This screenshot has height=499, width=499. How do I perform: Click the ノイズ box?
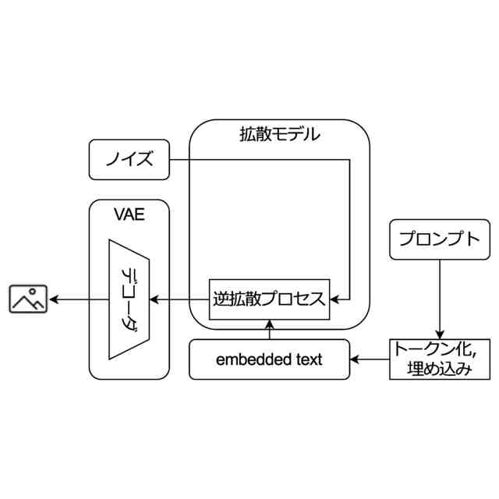click(129, 161)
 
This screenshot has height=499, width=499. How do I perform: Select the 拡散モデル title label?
click(279, 134)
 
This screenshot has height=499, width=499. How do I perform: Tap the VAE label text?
click(129, 215)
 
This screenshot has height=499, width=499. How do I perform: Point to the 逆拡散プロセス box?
click(270, 299)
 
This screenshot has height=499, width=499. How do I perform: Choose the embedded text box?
click(270, 359)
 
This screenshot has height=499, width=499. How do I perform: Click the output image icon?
click(28, 299)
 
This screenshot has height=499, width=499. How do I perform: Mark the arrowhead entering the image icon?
click(53, 299)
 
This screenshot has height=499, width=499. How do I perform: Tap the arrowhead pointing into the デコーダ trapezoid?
click(154, 299)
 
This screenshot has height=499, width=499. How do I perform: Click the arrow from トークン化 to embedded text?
click(370, 359)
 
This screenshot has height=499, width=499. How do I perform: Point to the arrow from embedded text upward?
click(270, 329)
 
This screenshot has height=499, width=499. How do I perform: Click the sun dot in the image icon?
click(35, 292)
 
